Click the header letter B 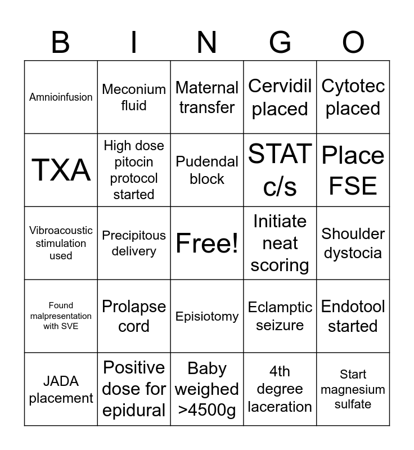tap(61, 42)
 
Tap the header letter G tap(280, 42)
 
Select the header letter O tap(353, 42)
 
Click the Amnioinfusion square tap(61, 97)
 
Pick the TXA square tap(61, 170)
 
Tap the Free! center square tap(207, 243)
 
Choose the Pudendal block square tap(207, 170)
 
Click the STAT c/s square tap(280, 170)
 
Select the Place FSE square tap(353, 170)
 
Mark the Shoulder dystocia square tap(353, 243)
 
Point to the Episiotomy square tap(207, 316)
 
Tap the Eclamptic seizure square tap(280, 316)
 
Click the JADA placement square tap(61, 389)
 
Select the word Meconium tap(134, 89)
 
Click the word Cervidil tap(280, 86)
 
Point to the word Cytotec tap(353, 86)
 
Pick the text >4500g tap(207, 410)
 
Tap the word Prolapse tap(134, 307)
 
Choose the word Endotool tap(353, 307)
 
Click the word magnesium tap(353, 389)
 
